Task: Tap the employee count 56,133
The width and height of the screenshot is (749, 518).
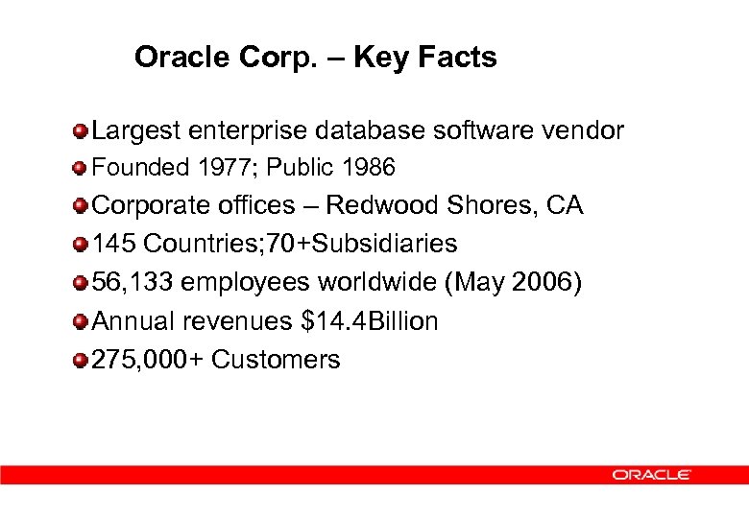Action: pyautogui.click(x=133, y=283)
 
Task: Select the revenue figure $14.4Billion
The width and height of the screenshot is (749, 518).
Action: pyautogui.click(x=370, y=321)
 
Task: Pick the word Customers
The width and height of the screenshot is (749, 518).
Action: pyautogui.click(x=276, y=360)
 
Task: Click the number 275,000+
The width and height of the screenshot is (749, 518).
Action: pyautogui.click(x=148, y=360)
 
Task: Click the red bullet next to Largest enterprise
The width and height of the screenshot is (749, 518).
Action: pyautogui.click(x=81, y=130)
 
